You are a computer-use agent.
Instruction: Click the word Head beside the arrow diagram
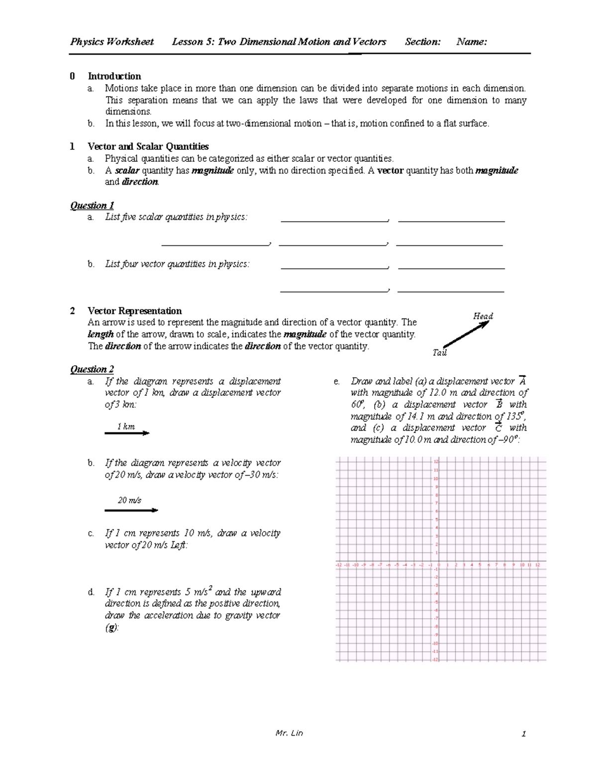click(x=483, y=316)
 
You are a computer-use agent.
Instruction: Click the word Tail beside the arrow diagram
click(x=440, y=352)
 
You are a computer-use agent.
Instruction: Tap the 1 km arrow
click(x=127, y=434)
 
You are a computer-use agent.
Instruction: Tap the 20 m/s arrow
click(x=131, y=510)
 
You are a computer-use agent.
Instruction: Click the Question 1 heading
click(x=92, y=205)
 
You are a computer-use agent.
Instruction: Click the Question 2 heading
click(x=92, y=369)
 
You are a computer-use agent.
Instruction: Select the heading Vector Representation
click(x=134, y=311)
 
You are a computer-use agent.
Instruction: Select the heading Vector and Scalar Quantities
click(x=148, y=146)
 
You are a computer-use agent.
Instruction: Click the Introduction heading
click(x=114, y=76)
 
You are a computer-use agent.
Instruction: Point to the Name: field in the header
click(x=471, y=42)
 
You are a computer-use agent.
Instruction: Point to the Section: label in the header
click(x=422, y=42)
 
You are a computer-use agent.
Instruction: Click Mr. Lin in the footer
click(x=289, y=733)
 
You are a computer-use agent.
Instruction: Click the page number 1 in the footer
click(x=523, y=734)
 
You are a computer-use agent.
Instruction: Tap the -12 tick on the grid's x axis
click(x=339, y=565)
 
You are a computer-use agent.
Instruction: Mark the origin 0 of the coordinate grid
click(x=439, y=565)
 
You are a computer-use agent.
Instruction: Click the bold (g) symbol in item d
click(x=111, y=628)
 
